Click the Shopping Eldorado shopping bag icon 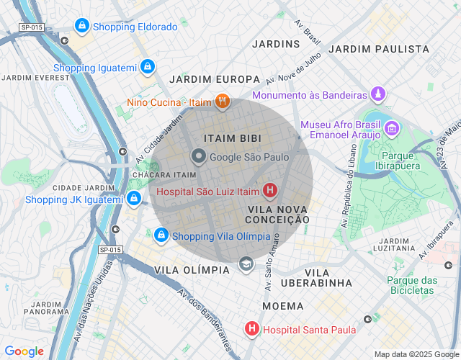[81, 27]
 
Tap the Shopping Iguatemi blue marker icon [147, 68]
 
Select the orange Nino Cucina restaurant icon [222, 102]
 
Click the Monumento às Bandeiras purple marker [377, 95]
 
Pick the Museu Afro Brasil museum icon [392, 130]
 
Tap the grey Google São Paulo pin [198, 156]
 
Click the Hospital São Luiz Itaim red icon [269, 191]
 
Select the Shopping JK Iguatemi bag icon [133, 199]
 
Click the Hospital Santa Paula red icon [251, 330]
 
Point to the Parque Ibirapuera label [395, 162]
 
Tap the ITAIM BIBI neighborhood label [232, 138]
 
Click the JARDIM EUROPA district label [214, 79]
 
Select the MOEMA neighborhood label [282, 306]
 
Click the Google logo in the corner [24, 351]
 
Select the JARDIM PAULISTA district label [379, 49]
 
